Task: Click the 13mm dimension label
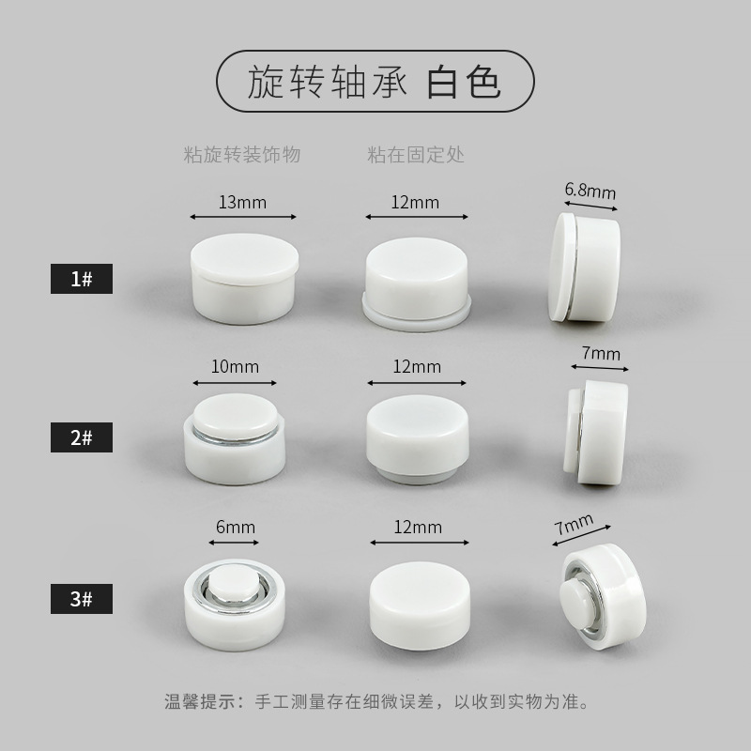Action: [x=243, y=202]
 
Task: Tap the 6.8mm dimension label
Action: [x=590, y=191]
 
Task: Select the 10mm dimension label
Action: [x=235, y=367]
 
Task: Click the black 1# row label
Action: [x=81, y=279]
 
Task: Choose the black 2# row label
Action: [x=81, y=438]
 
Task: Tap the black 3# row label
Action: [x=81, y=598]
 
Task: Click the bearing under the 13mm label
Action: [x=243, y=277]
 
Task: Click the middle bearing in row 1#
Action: [x=416, y=280]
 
